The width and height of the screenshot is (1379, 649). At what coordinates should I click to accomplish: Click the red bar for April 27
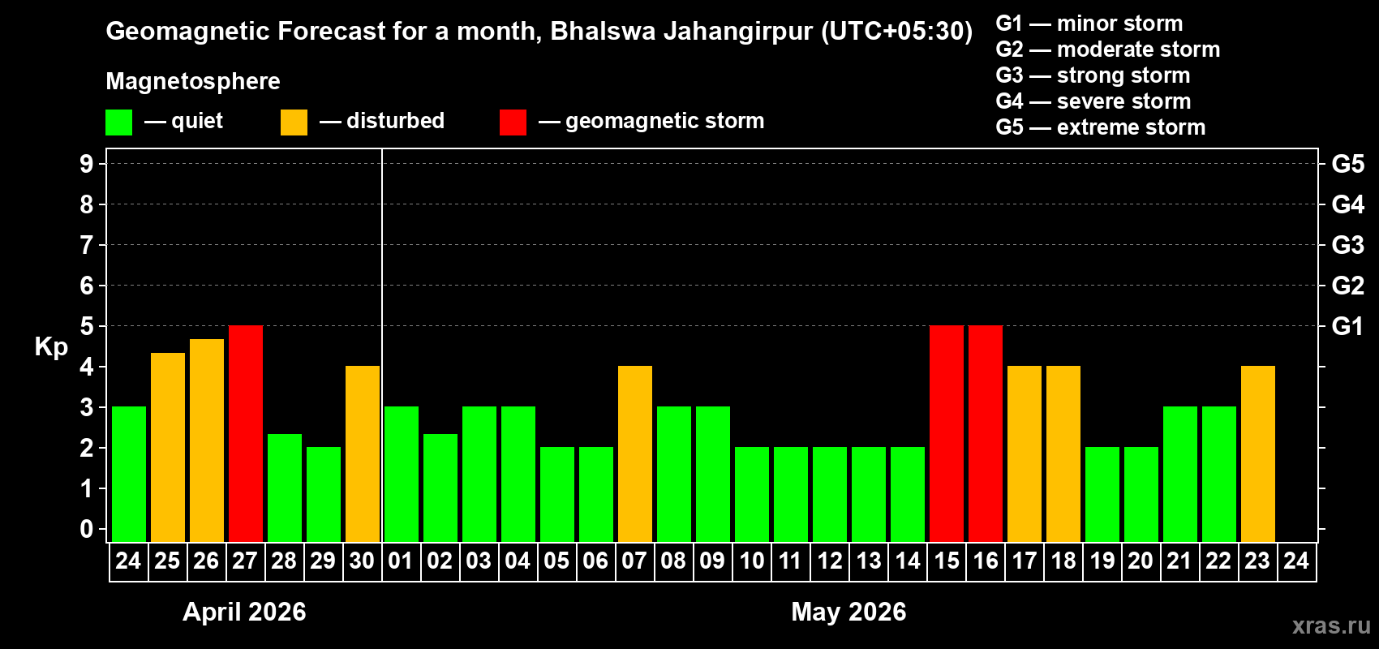(x=246, y=433)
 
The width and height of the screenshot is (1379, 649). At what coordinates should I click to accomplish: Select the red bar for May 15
(x=947, y=433)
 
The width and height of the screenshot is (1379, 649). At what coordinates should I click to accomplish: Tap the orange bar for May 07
(x=635, y=453)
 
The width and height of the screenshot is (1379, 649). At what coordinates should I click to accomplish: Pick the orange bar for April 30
(x=363, y=453)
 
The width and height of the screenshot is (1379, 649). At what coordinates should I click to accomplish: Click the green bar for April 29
(x=324, y=494)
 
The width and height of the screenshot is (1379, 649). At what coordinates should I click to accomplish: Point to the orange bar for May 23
(x=1258, y=453)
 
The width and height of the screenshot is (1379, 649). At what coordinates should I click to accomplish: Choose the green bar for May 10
(x=752, y=494)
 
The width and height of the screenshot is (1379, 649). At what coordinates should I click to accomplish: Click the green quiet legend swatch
(x=119, y=122)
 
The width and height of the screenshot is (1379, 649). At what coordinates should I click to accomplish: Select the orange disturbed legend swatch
(x=294, y=122)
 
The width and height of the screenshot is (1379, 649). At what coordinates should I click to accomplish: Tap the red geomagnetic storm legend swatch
(x=513, y=122)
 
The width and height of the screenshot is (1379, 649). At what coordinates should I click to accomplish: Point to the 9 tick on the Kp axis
(x=87, y=164)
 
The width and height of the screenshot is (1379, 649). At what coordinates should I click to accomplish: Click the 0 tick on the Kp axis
(x=87, y=530)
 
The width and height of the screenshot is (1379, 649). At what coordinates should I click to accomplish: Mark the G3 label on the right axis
(x=1347, y=245)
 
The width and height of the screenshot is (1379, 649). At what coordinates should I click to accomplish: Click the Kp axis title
(x=51, y=347)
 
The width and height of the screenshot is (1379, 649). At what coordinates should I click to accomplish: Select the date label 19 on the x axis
(x=1102, y=561)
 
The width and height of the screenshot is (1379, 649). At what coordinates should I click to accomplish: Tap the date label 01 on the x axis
(x=401, y=561)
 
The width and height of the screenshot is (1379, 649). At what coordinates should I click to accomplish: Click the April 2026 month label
(x=244, y=612)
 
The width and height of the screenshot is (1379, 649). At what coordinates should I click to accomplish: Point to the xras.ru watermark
(x=1331, y=625)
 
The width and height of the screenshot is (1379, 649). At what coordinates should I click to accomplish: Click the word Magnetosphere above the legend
(x=193, y=81)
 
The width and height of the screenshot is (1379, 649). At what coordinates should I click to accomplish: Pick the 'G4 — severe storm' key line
(x=1093, y=101)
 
